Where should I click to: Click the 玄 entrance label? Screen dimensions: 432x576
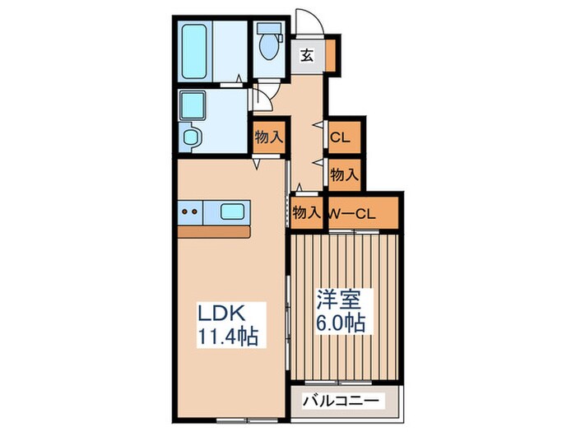306,56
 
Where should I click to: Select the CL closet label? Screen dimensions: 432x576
340,137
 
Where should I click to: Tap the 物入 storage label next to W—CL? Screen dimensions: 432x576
306,213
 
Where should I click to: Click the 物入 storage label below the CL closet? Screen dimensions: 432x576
344,174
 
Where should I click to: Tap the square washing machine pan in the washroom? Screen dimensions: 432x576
194,105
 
